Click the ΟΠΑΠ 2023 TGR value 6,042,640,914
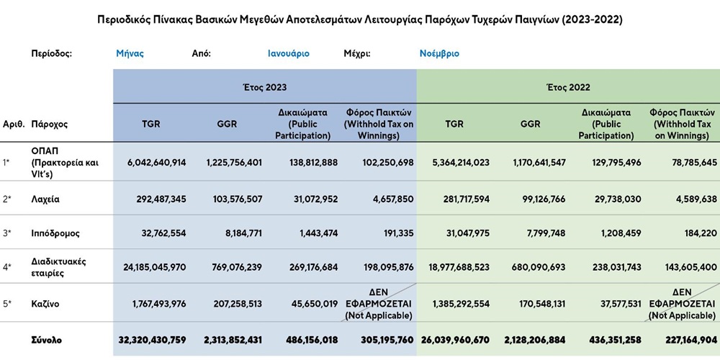pos(154,163)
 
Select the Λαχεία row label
pos(45,199)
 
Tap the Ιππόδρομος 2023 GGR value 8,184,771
pos(237,233)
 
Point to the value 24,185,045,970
pos(154,267)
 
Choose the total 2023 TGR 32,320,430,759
pos(152,341)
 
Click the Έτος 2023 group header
pos(265,87)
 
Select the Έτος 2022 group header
pos(569,87)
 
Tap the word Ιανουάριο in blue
pos(289,53)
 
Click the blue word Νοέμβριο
pos(439,53)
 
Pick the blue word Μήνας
pos(130,53)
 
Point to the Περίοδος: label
pos(52,53)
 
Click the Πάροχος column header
pos(49,124)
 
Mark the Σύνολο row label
pos(46,341)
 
